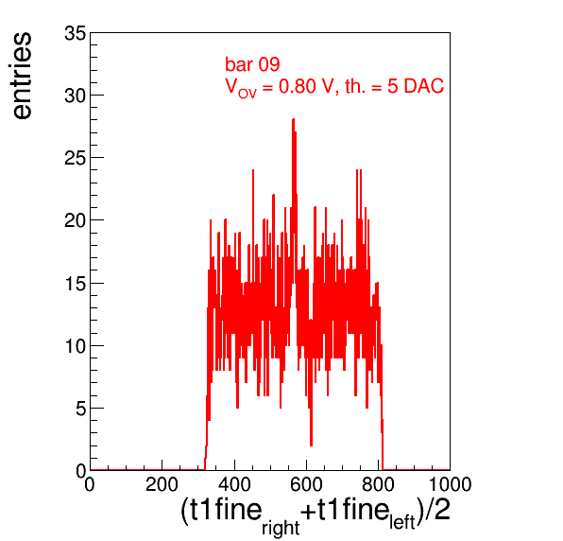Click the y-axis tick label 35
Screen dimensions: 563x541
76,34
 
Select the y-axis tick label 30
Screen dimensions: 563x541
76,96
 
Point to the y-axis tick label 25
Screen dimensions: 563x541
76,158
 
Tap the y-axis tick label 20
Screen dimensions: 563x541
76,220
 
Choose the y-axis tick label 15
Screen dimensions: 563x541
76,284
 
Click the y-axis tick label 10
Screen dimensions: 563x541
76,346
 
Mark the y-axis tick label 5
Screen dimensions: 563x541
81,410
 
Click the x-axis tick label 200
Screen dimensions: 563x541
162,484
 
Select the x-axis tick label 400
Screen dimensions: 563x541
234,484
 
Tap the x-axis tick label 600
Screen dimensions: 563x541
306,484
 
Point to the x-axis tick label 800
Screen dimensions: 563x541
378,484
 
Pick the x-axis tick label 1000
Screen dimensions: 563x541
450,484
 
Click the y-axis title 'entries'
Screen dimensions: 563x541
23,76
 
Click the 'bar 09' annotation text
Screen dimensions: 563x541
252,64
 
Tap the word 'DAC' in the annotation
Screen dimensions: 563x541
424,86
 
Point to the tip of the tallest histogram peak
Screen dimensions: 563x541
294,119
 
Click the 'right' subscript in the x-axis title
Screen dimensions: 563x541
281,529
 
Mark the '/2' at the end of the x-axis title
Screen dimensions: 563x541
437,510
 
